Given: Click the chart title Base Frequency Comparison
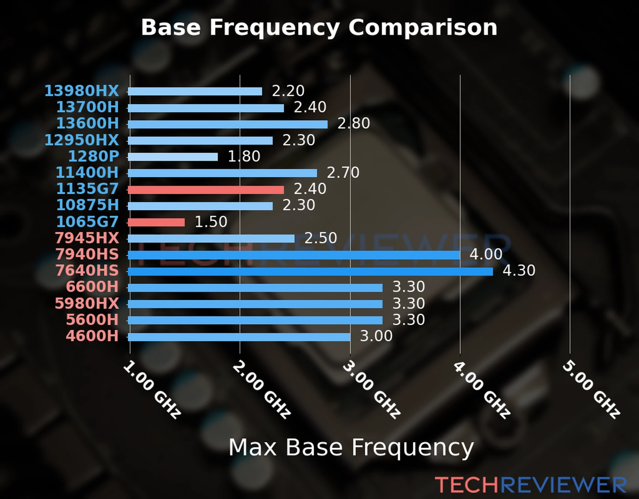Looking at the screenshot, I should [319, 27].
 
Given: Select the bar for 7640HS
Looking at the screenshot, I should [310, 272].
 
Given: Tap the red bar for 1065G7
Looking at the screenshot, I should [156, 222].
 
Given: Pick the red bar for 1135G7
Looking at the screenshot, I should [206, 190].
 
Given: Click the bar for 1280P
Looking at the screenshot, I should [173, 157].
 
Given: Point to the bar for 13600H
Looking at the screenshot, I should [228, 124].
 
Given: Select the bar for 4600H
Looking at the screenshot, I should [239, 337].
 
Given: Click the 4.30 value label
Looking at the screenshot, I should [519, 271].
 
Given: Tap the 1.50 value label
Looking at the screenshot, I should [211, 222].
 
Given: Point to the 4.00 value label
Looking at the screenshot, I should [486, 254].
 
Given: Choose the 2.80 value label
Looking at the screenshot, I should [353, 124].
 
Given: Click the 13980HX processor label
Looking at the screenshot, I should [82, 91].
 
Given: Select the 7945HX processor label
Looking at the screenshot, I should [87, 238].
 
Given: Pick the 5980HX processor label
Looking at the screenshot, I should [87, 303].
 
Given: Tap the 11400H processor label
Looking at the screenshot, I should [87, 172].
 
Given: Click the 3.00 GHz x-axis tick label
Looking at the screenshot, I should [371, 390].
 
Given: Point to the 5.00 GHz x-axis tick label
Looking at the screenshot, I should [591, 390].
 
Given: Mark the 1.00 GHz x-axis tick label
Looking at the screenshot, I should [152, 390].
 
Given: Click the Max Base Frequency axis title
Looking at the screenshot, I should [351, 448].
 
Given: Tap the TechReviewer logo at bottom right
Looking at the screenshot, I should [530, 485].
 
